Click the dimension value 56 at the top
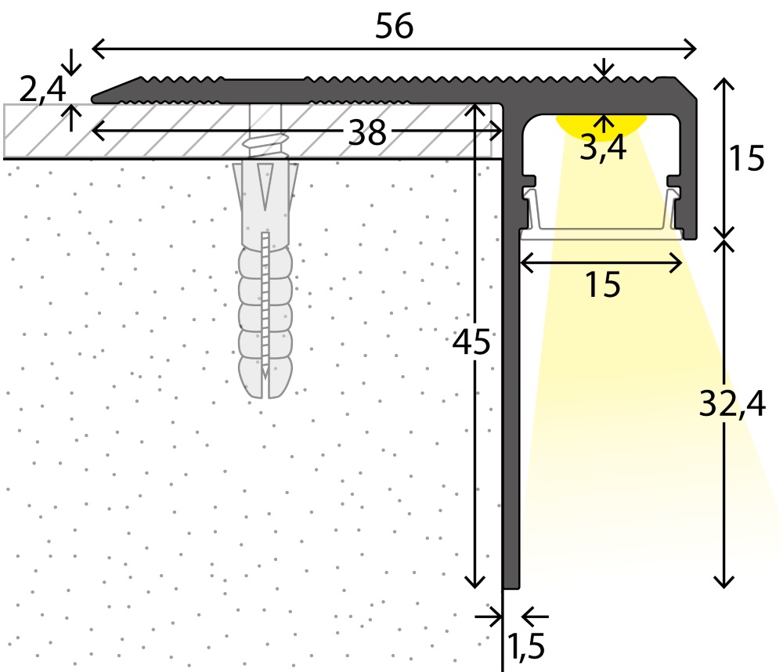(x=394, y=27)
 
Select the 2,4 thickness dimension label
(x=41, y=90)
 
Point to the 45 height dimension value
(x=471, y=342)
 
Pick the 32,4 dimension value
(x=733, y=403)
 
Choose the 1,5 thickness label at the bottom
(x=525, y=647)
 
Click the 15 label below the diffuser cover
(x=601, y=285)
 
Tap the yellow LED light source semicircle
(x=602, y=122)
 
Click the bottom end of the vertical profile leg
(x=511, y=583)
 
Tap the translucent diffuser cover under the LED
(x=601, y=233)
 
